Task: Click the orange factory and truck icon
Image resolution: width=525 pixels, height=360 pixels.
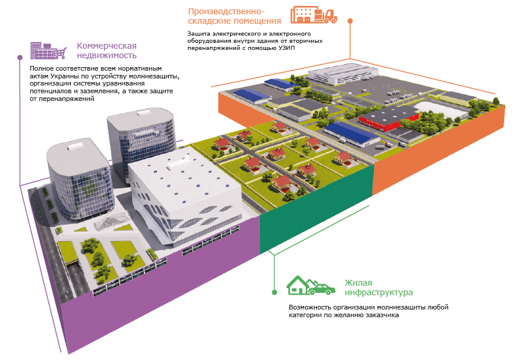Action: click(x=314, y=15)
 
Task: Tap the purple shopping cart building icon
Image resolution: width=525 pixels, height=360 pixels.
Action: click(x=49, y=51)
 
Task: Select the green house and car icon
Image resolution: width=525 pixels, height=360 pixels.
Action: click(x=311, y=286)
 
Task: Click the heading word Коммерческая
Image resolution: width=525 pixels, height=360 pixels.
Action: click(x=107, y=46)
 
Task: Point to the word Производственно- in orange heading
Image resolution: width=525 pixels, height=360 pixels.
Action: click(x=226, y=11)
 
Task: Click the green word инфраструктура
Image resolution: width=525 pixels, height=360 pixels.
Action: click(x=379, y=292)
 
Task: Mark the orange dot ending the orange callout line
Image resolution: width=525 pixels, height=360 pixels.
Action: click(x=350, y=21)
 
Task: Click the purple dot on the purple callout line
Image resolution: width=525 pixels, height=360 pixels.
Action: click(x=20, y=58)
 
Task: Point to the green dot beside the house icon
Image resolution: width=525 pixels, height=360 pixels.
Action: click(x=275, y=292)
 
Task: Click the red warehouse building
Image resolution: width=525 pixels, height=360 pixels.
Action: click(x=388, y=119)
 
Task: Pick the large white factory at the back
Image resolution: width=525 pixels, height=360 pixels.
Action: click(x=342, y=74)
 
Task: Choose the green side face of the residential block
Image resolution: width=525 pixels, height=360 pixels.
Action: click(x=316, y=207)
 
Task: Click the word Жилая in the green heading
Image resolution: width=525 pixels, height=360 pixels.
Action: click(x=359, y=283)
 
